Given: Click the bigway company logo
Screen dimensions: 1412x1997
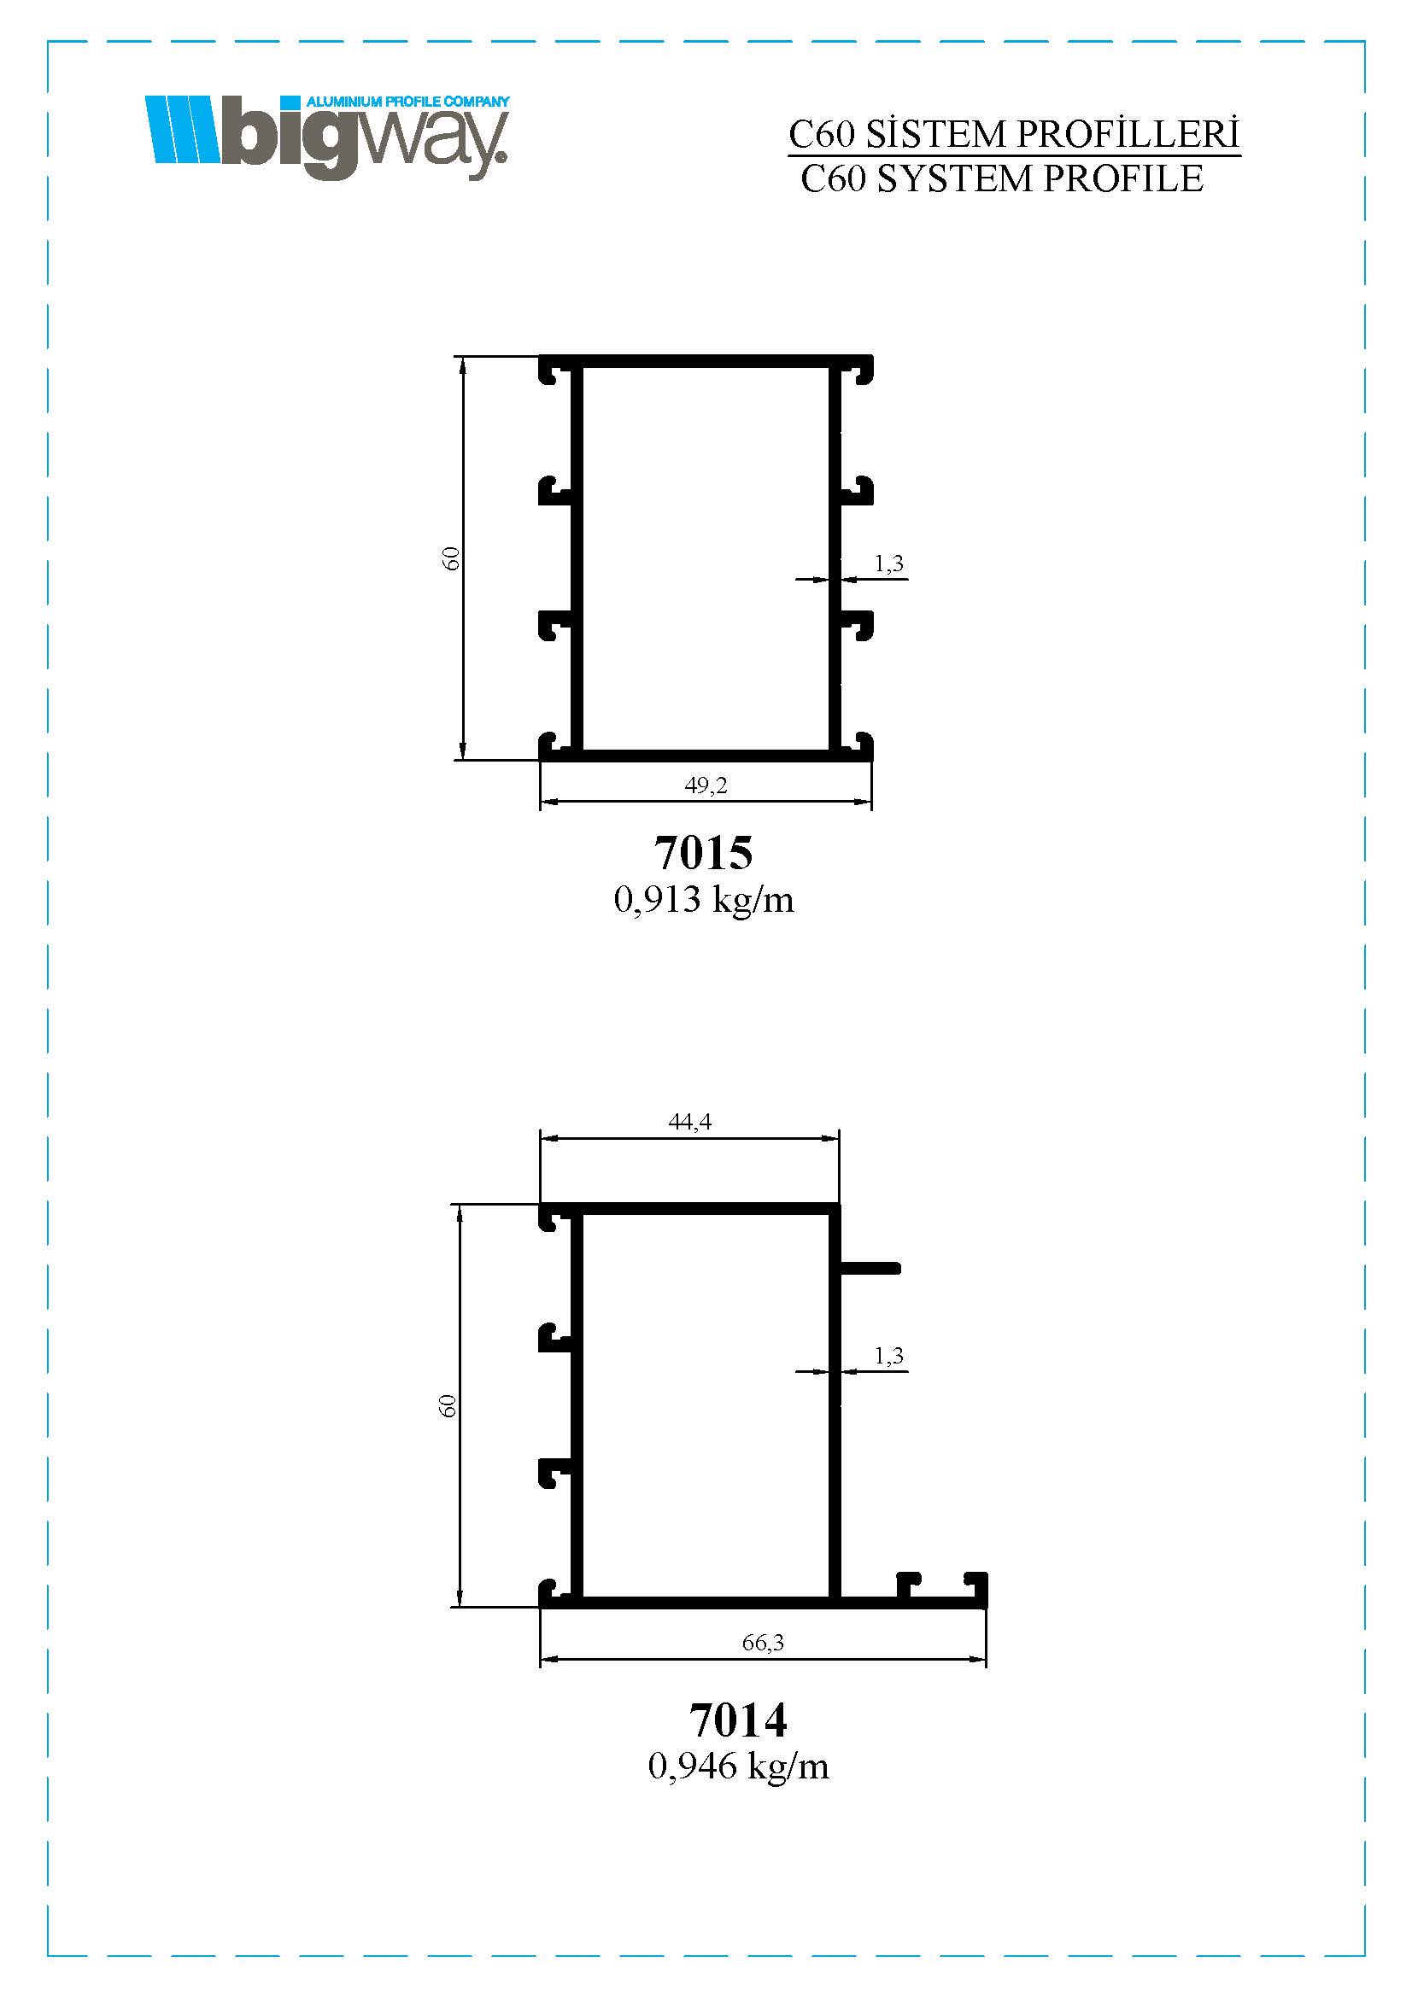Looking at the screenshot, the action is (328, 137).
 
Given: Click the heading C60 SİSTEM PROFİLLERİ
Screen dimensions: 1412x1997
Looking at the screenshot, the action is (1014, 135).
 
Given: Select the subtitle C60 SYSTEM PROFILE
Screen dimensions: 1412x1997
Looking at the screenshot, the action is (1002, 179).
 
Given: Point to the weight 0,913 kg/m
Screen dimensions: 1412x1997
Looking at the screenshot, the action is (704, 899).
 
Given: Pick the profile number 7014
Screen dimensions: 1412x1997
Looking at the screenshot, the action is (738, 1720).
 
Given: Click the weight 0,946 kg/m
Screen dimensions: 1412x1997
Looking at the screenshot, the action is (739, 1766).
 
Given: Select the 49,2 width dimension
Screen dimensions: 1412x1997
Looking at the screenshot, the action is (706, 785).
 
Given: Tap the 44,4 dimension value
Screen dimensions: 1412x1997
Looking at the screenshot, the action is (690, 1122).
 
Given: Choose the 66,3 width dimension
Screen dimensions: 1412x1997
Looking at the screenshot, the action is (763, 1642).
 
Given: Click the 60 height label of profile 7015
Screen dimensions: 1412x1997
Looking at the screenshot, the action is (451, 558).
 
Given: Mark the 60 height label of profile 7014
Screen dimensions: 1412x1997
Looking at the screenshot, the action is (448, 1406).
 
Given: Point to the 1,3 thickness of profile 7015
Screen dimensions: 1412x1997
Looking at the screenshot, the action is (889, 563).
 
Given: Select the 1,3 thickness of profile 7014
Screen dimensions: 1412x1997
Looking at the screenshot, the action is (889, 1356).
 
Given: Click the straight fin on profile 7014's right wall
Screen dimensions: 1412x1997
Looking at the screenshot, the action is (869, 1268).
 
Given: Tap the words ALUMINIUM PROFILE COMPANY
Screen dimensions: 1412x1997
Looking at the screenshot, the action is (408, 102).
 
